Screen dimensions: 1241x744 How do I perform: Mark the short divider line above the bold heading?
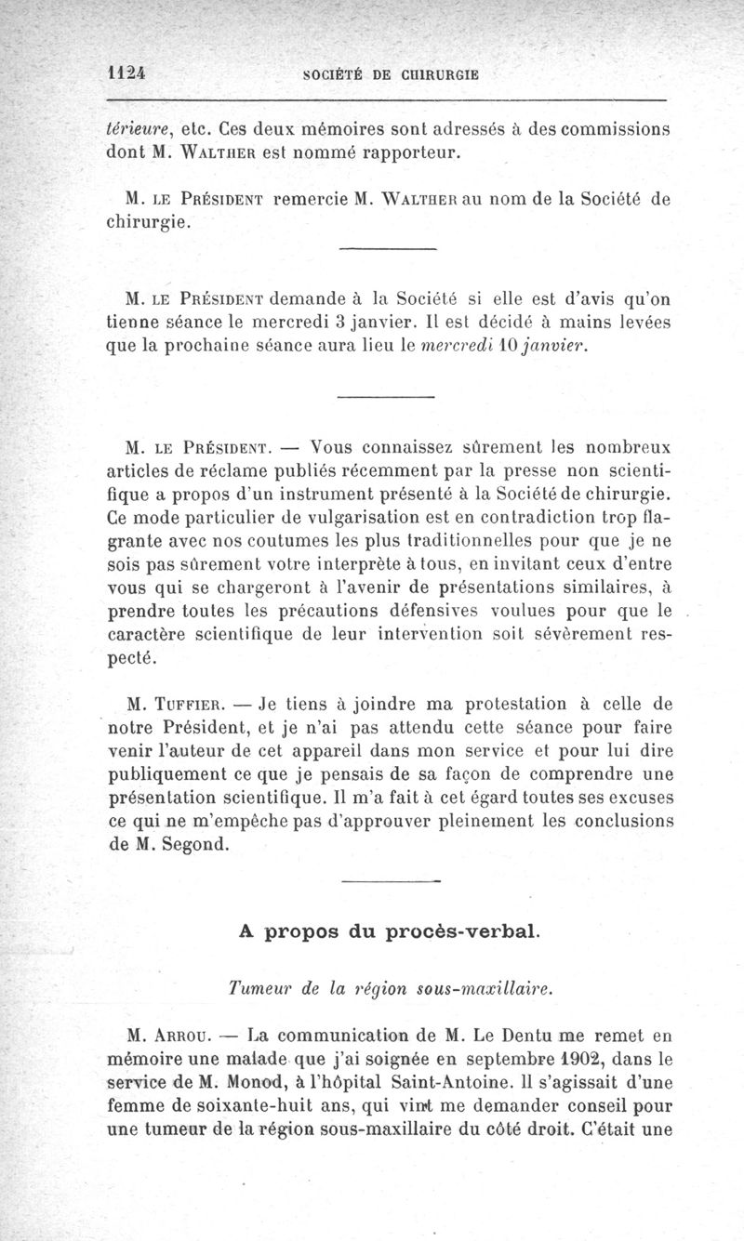390,879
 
